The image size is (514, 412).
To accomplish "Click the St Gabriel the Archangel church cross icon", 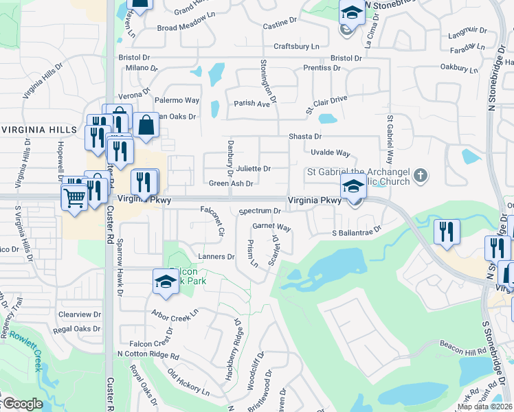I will coord(421,176).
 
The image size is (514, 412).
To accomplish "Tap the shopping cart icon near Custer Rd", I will coord(74,198).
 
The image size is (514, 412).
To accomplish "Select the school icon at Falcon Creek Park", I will coord(166,282).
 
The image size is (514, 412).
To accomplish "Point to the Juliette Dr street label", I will coord(254,168).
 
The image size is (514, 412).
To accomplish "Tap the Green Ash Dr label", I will coord(232,183).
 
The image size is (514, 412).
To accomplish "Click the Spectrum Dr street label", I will coord(260,211).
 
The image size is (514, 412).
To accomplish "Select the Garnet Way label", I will coord(271,226).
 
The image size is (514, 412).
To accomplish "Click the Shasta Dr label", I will coord(305,137).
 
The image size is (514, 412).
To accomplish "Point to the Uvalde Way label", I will coord(330,152).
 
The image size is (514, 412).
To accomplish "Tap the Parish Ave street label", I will coord(252,104).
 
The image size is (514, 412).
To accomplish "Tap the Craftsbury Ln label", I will coord(297,46).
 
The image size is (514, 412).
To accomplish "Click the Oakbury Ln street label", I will coord(459,68).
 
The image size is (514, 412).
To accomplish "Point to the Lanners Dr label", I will coord(216,256).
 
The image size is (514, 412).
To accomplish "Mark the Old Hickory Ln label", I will coord(188,385).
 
